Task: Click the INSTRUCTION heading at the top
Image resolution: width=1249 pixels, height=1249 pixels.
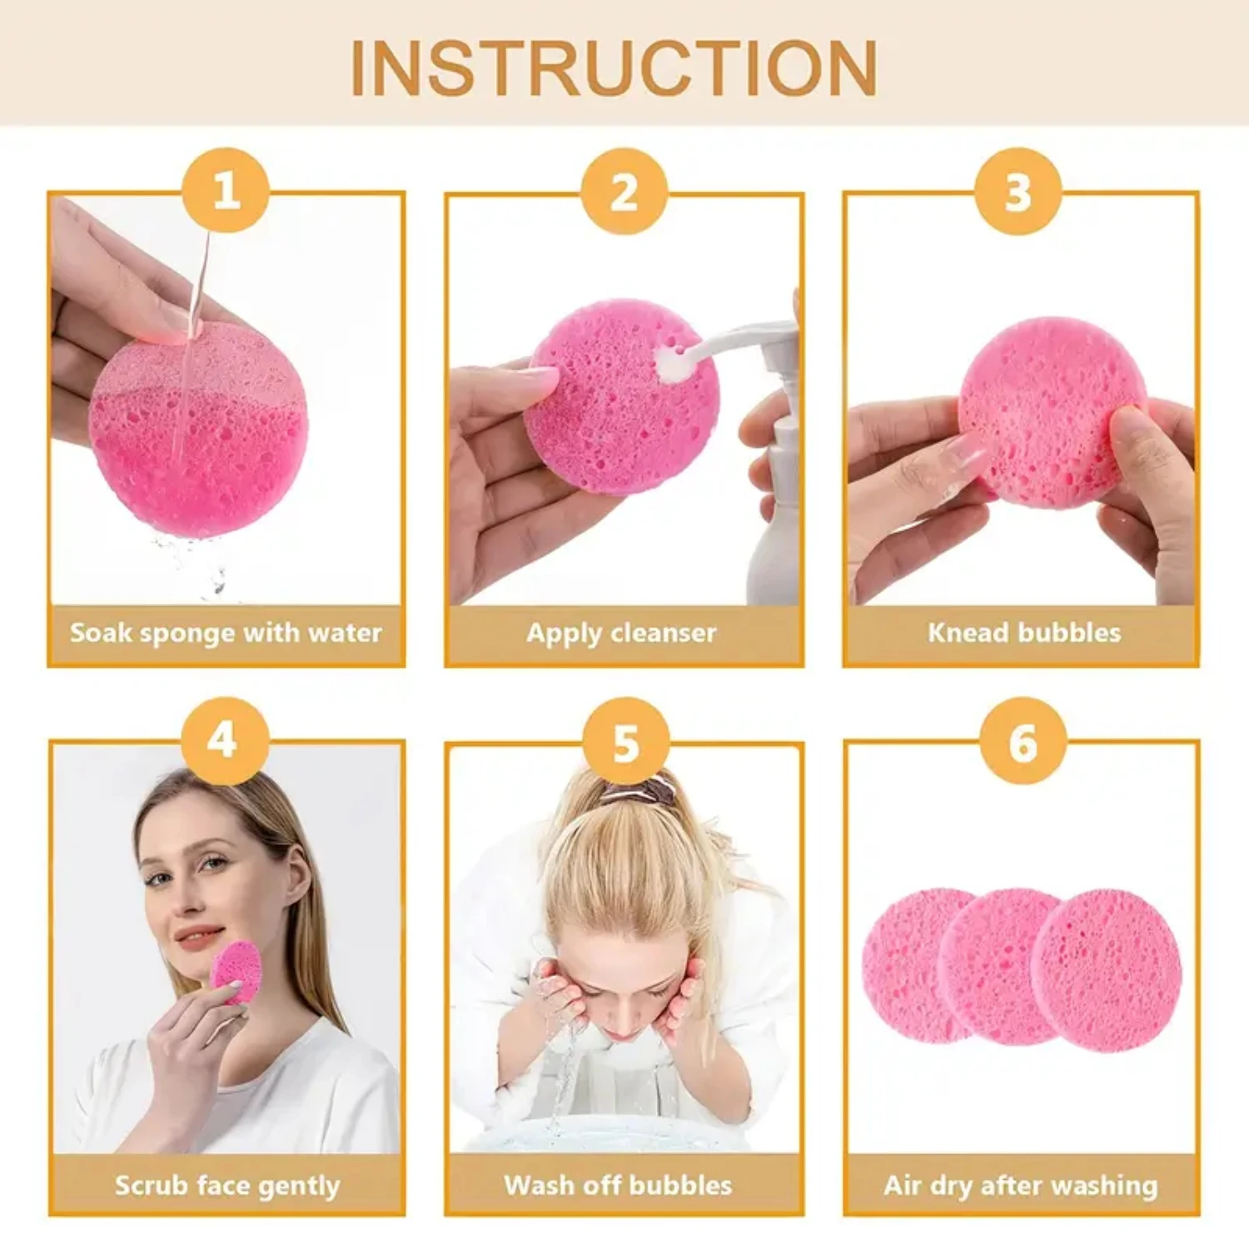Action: (614, 68)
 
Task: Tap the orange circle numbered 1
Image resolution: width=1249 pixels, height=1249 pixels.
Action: (226, 191)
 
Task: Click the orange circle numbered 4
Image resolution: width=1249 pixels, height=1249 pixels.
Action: (224, 740)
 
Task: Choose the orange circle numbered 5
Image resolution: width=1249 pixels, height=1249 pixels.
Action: (625, 741)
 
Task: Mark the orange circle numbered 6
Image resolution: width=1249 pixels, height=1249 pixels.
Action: (1023, 741)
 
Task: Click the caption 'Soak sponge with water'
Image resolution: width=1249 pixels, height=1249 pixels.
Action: (226, 633)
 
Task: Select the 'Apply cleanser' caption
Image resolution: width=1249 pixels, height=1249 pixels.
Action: (621, 633)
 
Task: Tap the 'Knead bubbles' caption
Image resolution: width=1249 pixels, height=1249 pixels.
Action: (1023, 633)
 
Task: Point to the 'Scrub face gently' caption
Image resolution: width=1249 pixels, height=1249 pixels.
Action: (226, 1185)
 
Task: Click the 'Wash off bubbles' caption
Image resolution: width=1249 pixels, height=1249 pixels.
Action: (618, 1185)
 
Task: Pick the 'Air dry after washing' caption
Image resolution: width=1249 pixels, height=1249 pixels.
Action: (1021, 1185)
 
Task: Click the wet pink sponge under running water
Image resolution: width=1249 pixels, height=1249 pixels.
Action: (200, 433)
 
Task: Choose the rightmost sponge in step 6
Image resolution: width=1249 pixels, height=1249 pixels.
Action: (1107, 971)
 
